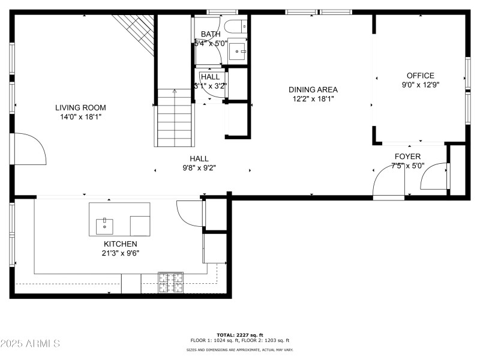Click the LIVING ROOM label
click(80, 108)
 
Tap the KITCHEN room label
click(120, 244)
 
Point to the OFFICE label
click(420, 76)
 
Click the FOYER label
click(407, 157)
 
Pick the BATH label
click(211, 34)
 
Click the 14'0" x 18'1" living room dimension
click(80, 117)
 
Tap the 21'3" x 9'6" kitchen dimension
click(120, 253)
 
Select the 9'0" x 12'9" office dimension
click(420, 85)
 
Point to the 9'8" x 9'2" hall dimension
click(199, 168)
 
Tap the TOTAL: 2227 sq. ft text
click(240, 335)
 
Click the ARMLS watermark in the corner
click(30, 344)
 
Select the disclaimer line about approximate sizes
click(240, 350)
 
